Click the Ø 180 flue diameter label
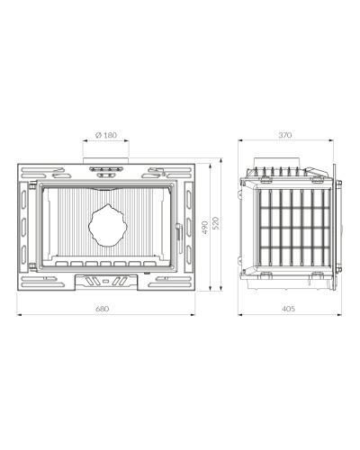[x=106, y=135]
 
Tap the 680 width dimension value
[x=103, y=309]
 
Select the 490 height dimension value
[x=205, y=228]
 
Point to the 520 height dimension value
[x=217, y=223]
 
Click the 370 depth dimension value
[x=285, y=135]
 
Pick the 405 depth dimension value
[x=289, y=309]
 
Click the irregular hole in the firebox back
[x=108, y=225]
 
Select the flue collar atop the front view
[x=106, y=160]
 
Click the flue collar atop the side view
[x=276, y=162]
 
